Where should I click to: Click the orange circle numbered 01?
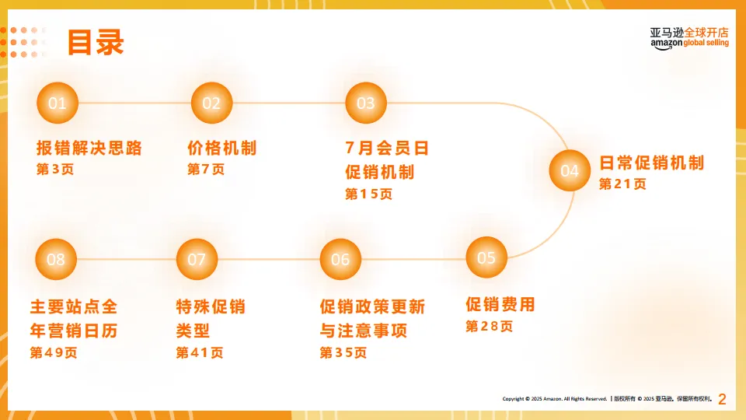point(58,103)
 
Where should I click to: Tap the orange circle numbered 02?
point(211,103)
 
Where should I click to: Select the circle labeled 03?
point(365,103)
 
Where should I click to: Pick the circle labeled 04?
point(570,171)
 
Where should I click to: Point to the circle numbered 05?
point(486,257)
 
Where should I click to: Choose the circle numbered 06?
point(340,259)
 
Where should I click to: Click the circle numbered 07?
point(197,259)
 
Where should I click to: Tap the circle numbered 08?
point(56,259)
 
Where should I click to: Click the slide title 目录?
point(96,42)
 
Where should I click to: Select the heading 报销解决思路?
point(89,148)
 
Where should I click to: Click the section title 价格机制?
point(222,148)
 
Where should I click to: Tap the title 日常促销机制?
point(651,163)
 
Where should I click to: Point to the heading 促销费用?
point(500,304)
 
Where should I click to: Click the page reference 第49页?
point(54,352)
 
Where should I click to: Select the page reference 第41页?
point(200,352)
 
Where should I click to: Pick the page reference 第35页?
point(343,352)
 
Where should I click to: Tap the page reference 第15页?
point(369,194)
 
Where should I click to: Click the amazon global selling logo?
point(689,37)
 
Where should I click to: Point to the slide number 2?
point(722,400)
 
